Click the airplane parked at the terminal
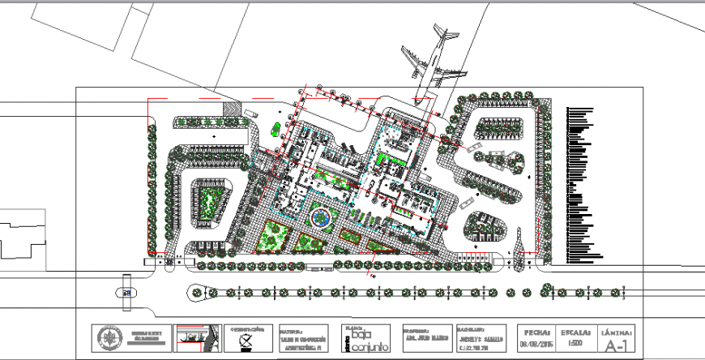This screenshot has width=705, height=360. pos(429,66)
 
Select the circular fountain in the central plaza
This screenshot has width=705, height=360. pos(321,217)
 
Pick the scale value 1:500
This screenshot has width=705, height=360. pos(575,344)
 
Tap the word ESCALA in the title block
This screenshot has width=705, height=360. pos(575,332)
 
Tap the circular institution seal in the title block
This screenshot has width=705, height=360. pos(109,337)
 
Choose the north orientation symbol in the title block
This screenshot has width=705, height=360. pos(246,341)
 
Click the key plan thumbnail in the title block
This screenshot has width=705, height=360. pos(198,337)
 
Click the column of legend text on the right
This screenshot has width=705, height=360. pos(583,183)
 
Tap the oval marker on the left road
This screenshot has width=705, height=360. pos(126,293)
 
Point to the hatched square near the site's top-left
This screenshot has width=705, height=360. pos(233,109)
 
